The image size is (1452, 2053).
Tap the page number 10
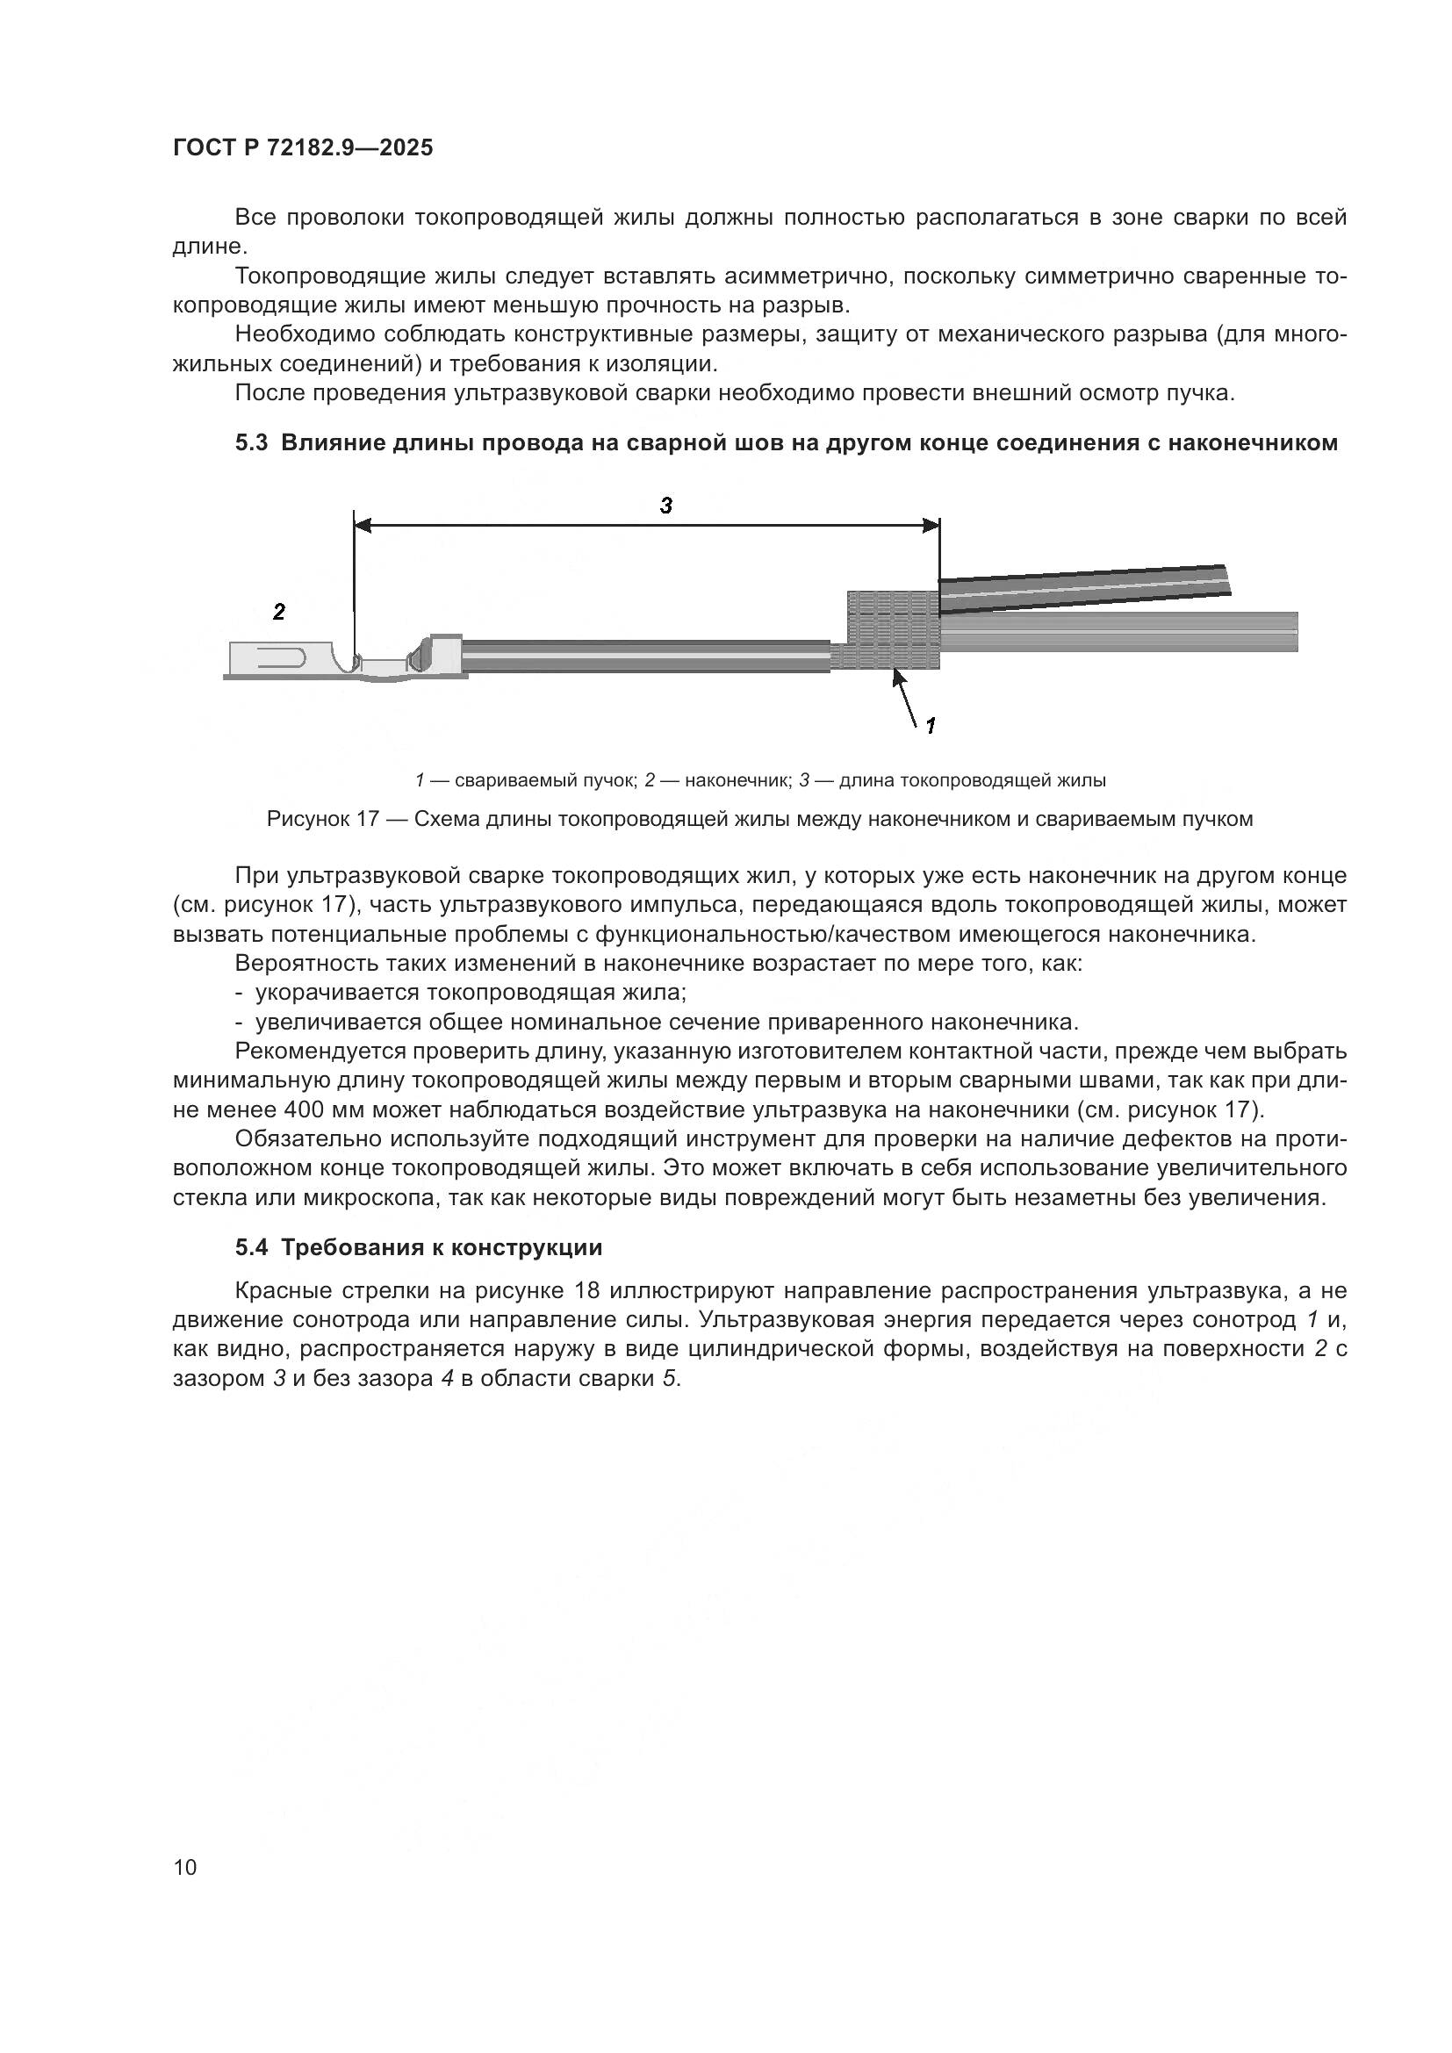185,1867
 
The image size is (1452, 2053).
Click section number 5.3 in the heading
251,442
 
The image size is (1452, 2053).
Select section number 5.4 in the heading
251,1247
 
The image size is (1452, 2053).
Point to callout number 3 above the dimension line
665,506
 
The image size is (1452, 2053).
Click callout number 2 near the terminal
279,613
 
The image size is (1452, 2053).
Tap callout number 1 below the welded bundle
930,726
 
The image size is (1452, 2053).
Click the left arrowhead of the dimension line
362,527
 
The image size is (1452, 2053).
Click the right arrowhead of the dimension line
931,527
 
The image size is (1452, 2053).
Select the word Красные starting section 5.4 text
284,1291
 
